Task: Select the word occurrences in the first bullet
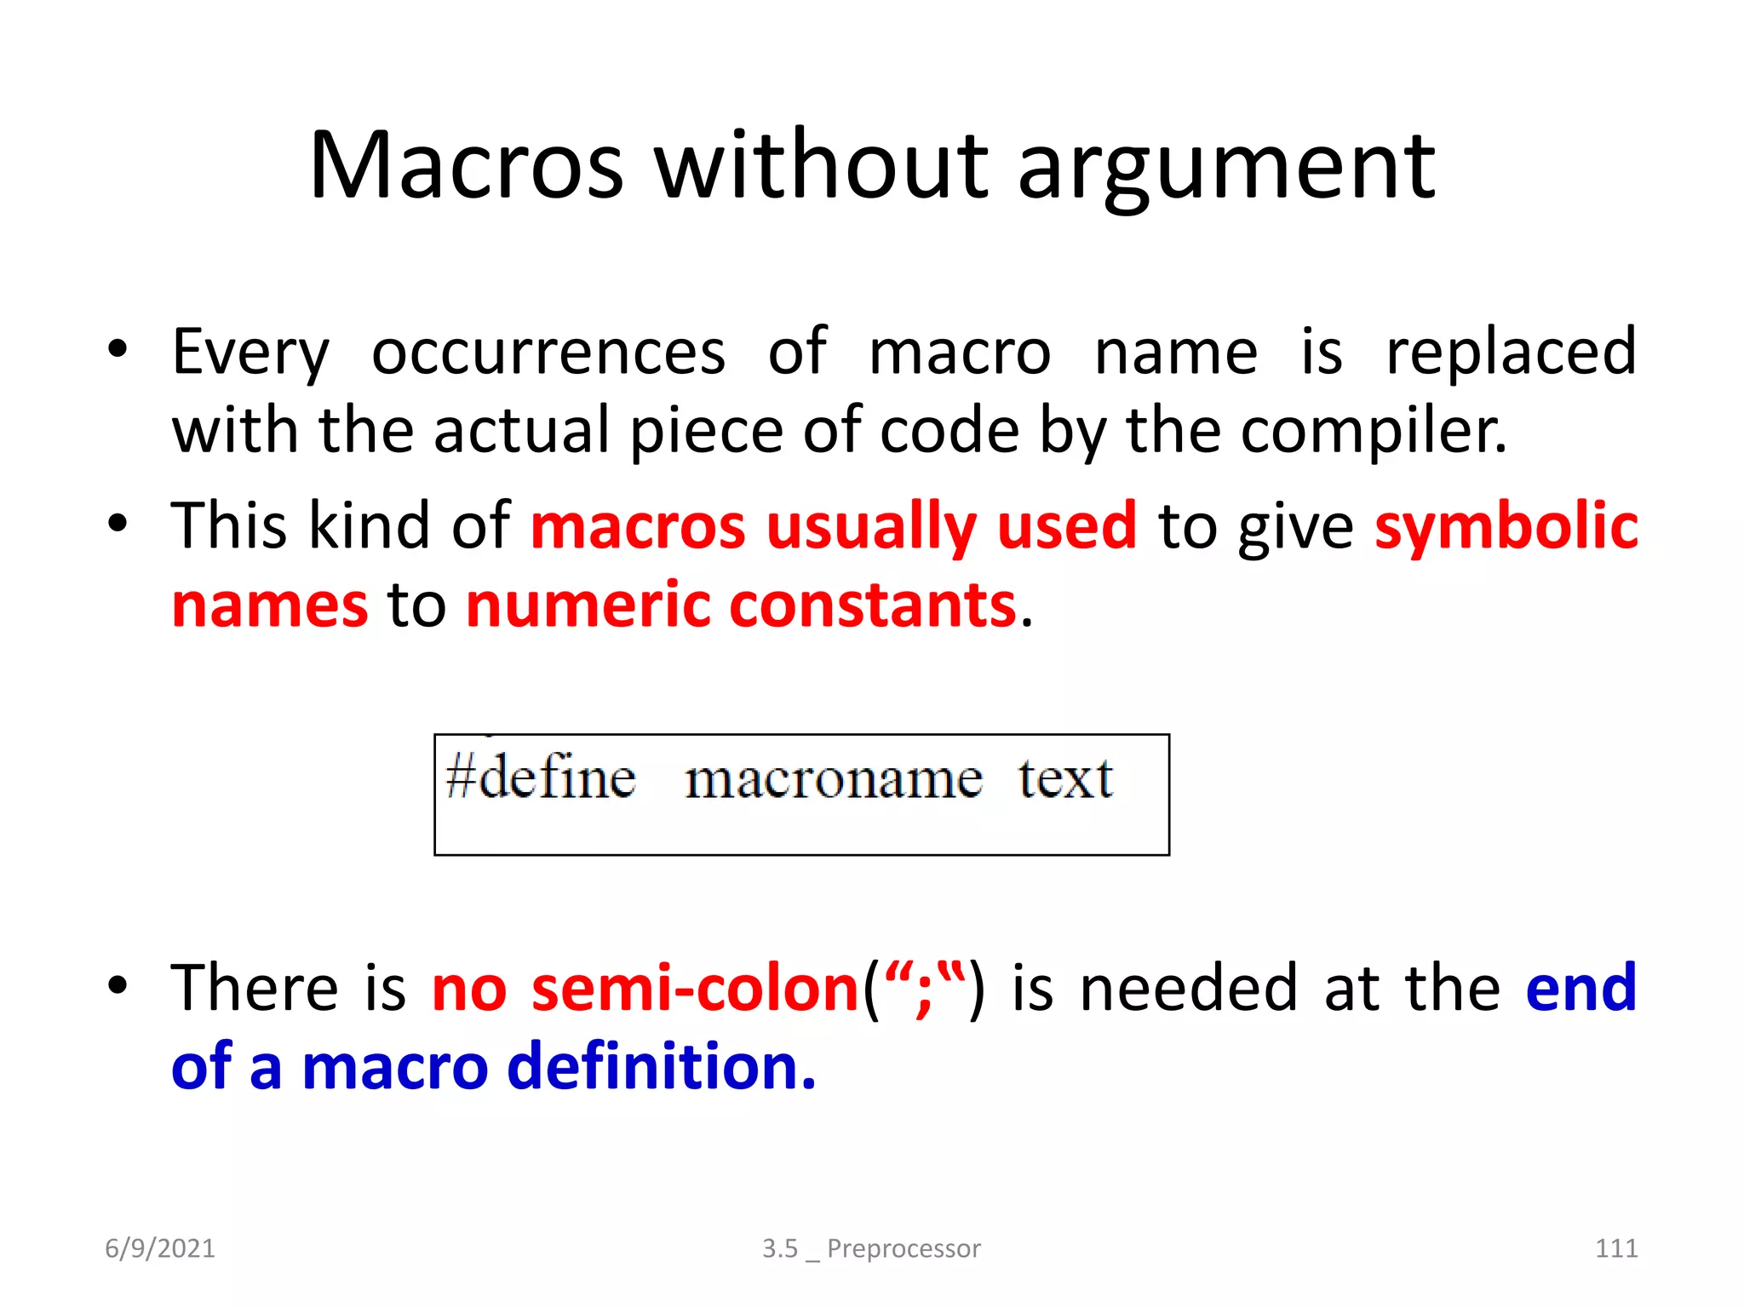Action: [548, 353]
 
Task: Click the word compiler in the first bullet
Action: [1373, 432]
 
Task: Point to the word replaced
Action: [1511, 353]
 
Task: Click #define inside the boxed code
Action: [540, 777]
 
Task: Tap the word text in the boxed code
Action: [1064, 778]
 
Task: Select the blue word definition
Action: [661, 1067]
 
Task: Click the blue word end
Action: [1580, 988]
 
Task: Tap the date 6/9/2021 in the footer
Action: [160, 1248]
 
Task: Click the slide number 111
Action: [1615, 1248]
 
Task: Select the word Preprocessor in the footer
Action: [904, 1248]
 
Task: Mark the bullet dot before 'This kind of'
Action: [118, 523]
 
